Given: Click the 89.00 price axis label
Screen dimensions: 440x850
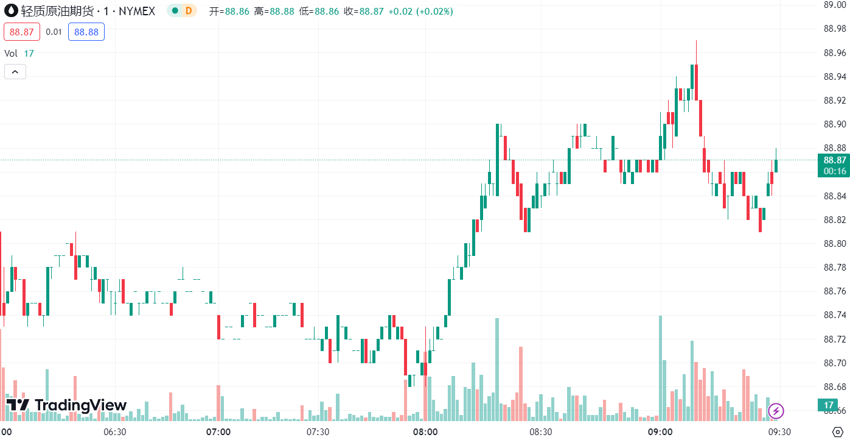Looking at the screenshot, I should click(834, 5).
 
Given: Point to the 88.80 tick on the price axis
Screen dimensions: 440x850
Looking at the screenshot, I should click(834, 244).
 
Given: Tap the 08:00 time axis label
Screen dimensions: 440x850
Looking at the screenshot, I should click(425, 431).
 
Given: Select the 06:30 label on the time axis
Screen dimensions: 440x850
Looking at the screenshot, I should click(115, 431).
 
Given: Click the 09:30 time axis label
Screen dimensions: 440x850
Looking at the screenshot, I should click(779, 431).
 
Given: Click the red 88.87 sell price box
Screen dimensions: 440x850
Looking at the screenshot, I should click(22, 32).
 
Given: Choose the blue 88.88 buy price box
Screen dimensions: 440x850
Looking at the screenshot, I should click(86, 32).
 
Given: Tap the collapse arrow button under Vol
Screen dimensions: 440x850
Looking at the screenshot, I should click(15, 72).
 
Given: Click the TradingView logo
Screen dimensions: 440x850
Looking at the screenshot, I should click(66, 405).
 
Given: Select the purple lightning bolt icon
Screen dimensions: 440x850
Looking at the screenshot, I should click(776, 411).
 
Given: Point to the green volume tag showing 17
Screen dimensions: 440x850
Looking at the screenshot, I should click(828, 405).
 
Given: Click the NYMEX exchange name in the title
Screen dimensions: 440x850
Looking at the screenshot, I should click(137, 11).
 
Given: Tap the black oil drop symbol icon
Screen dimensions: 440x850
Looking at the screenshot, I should click(10, 11).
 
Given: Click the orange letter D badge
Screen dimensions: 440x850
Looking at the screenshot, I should click(189, 11).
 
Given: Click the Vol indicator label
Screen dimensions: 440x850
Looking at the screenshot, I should click(11, 53).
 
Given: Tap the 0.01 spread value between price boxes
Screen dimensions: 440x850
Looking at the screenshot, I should click(54, 32).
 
